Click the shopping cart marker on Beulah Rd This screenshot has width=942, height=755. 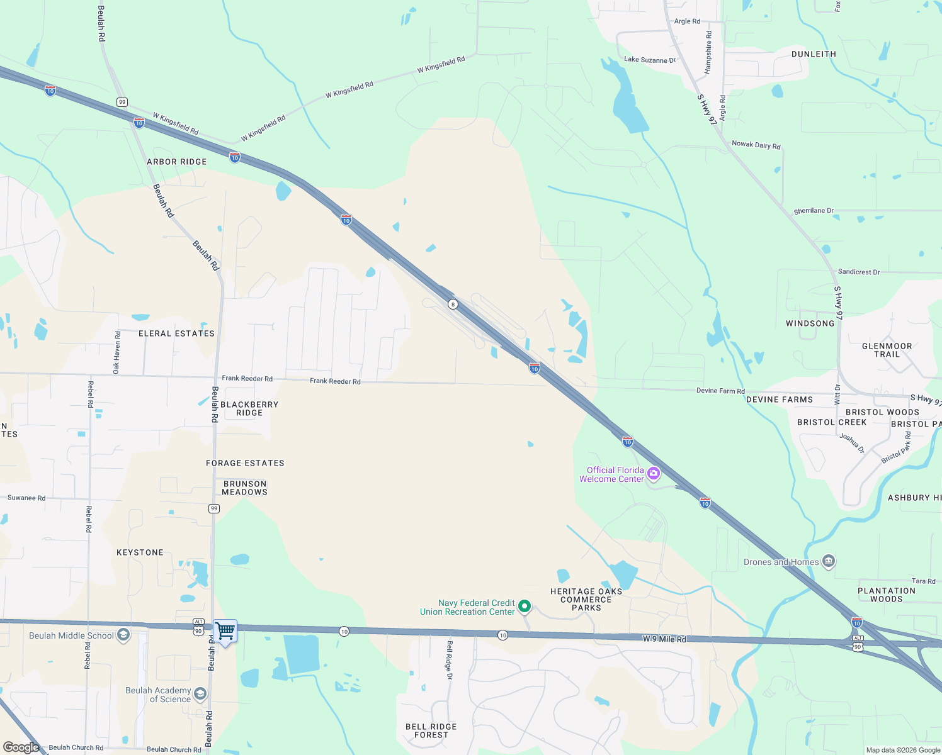pyautogui.click(x=225, y=630)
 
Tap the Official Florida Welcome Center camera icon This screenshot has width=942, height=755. pyautogui.click(x=654, y=473)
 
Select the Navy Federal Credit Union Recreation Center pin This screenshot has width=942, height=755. pyautogui.click(x=525, y=607)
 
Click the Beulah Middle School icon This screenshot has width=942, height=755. pyautogui.click(x=123, y=634)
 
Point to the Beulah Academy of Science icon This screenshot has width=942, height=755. pyautogui.click(x=200, y=693)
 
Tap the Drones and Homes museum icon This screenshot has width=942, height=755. pyautogui.click(x=829, y=561)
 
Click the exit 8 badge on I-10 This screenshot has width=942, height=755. pyautogui.click(x=452, y=305)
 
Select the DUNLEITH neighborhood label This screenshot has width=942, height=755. pyautogui.click(x=814, y=54)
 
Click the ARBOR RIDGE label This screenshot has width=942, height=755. pyautogui.click(x=176, y=162)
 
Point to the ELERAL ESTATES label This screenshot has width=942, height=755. pyautogui.click(x=176, y=333)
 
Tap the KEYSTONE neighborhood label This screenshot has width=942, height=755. pyautogui.click(x=140, y=552)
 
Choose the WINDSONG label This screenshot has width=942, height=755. pyautogui.click(x=810, y=323)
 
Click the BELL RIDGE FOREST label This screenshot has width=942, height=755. pyautogui.click(x=431, y=730)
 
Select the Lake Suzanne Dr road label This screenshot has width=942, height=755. pyautogui.click(x=650, y=60)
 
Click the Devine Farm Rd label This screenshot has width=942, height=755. pyautogui.click(x=720, y=391)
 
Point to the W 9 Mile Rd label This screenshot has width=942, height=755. pyautogui.click(x=664, y=639)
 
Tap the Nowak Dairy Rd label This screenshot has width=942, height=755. pyautogui.click(x=756, y=145)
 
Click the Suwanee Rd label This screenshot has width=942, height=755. pyautogui.click(x=26, y=498)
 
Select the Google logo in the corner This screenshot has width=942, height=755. pyautogui.click(x=21, y=747)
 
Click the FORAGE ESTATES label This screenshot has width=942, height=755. pyautogui.click(x=245, y=463)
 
